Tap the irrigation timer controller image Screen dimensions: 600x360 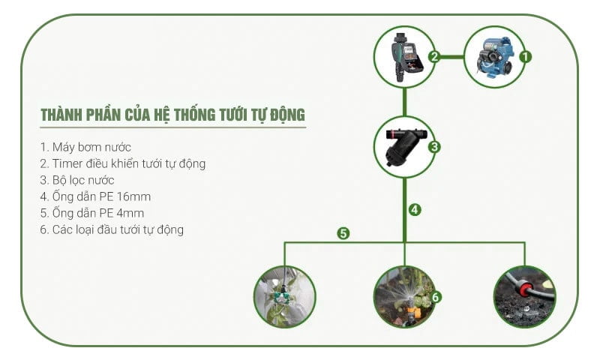pos(406,57)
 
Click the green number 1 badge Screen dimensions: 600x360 pos(526,57)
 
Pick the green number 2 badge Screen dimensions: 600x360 pos(434,57)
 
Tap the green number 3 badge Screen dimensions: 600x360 pos(434,147)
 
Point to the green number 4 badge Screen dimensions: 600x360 pos(415,210)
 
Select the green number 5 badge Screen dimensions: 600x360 pos(343,233)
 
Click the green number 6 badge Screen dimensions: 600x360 pos(436,297)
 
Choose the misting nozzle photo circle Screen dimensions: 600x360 pos(285,297)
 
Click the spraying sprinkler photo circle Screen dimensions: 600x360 pos(404,297)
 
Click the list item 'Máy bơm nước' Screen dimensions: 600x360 pos(85,147)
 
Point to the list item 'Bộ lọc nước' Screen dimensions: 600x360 pos(77,180)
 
